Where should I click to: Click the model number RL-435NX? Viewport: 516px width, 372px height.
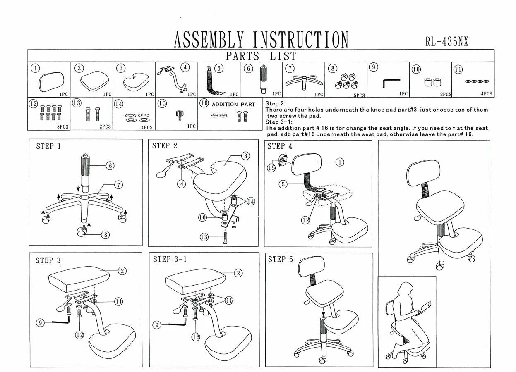[447, 41]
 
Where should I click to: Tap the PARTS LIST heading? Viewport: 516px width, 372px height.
[261, 56]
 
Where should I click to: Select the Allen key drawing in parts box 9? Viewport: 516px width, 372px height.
[391, 83]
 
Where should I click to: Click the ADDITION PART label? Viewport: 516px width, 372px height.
[233, 104]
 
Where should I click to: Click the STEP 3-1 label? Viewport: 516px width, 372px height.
[170, 259]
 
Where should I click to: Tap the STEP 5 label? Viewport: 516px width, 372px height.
[280, 259]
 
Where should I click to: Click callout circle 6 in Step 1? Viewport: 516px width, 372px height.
[110, 166]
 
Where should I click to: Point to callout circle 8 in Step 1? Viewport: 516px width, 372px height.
[106, 235]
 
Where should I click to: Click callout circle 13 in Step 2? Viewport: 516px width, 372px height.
[204, 237]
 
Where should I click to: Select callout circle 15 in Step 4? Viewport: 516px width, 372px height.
[271, 168]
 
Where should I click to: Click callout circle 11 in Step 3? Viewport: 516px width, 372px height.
[119, 301]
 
